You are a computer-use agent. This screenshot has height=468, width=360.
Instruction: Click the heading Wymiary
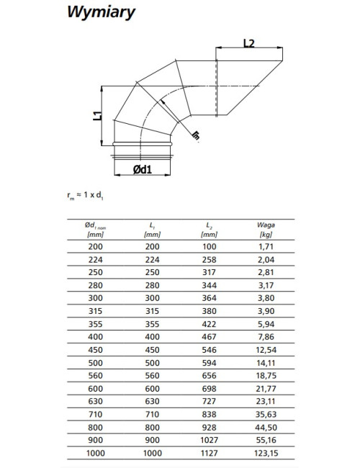pos(101,12)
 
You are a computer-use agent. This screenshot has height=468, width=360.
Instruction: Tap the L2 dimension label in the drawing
pos(248,43)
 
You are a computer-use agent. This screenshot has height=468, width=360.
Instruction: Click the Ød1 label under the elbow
pos(142,169)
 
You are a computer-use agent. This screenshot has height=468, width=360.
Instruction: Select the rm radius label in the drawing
pos(196,135)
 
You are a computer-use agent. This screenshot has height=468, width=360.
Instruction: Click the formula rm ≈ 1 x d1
pos(86,195)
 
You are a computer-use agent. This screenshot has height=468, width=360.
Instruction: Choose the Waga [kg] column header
pos(266,230)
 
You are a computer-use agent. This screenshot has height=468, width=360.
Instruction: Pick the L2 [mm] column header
pos(209,230)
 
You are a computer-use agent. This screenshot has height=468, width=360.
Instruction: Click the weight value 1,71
pos(266,246)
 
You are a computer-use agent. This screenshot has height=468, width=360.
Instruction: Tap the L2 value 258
pos(209,260)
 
